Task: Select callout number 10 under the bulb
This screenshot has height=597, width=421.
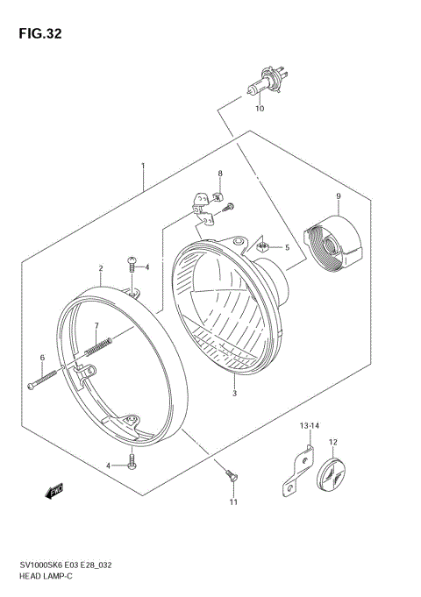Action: (259, 110)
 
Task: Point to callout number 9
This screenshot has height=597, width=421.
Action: (337, 195)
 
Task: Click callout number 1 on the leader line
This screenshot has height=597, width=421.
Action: (142, 166)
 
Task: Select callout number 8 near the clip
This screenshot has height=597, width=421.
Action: (220, 174)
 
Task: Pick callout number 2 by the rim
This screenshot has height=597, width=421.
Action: (100, 268)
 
